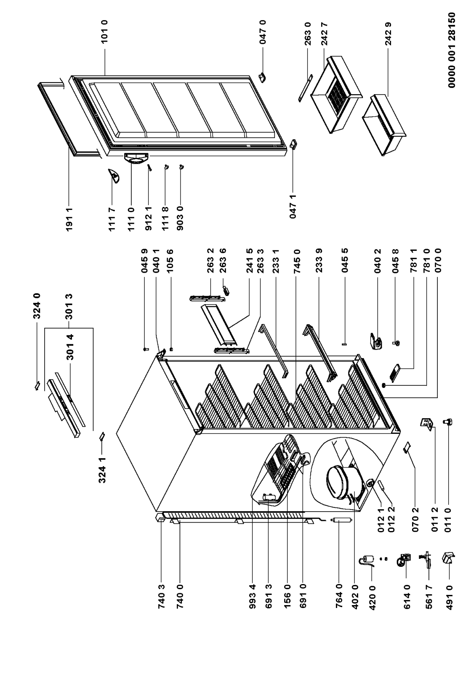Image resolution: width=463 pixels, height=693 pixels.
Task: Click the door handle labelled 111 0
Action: click(x=136, y=157)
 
